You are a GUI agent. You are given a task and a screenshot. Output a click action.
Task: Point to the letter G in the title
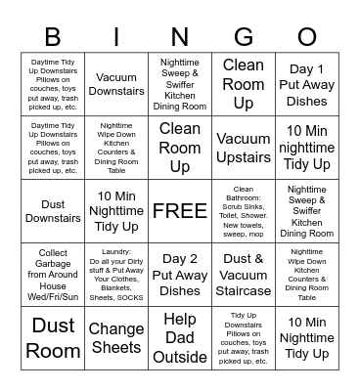click(x=243, y=38)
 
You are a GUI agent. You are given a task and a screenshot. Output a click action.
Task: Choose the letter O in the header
click(x=306, y=38)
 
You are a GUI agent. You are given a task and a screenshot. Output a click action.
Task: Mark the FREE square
click(x=179, y=211)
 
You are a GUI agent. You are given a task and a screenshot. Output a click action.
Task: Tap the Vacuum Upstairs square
click(x=244, y=148)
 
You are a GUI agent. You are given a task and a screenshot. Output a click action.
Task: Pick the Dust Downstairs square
click(x=53, y=211)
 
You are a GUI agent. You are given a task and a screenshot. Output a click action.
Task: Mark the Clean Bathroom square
click(x=244, y=211)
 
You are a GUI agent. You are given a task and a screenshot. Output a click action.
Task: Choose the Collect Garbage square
click(x=53, y=275)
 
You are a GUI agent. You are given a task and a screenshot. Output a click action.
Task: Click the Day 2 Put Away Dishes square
click(x=180, y=275)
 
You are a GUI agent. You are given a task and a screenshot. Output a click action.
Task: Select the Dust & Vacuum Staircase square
click(x=244, y=275)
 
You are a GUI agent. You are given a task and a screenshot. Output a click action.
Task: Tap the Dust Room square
click(x=53, y=338)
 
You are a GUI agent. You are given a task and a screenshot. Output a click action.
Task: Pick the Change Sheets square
click(x=116, y=338)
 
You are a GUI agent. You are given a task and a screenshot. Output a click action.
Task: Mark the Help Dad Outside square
click(x=180, y=338)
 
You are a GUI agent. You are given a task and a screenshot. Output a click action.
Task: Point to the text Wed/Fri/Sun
click(x=53, y=296)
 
